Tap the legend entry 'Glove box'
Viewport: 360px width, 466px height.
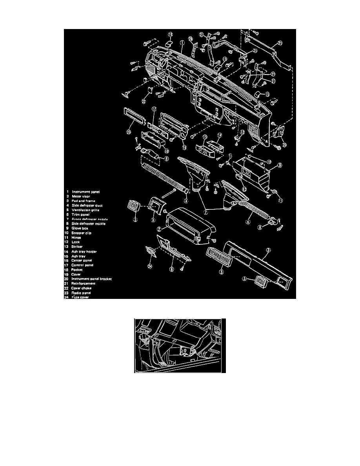click(80, 228)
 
